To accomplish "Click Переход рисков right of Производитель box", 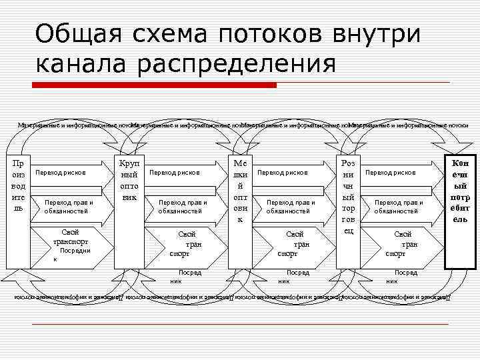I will (x=61, y=173).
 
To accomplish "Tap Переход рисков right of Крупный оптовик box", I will (x=175, y=173).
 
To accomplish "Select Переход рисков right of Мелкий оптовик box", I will (x=283, y=173).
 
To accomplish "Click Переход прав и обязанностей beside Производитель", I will (x=69, y=206).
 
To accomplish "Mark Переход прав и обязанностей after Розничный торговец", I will (x=399, y=206).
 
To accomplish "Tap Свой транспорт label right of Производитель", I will (x=71, y=237).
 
